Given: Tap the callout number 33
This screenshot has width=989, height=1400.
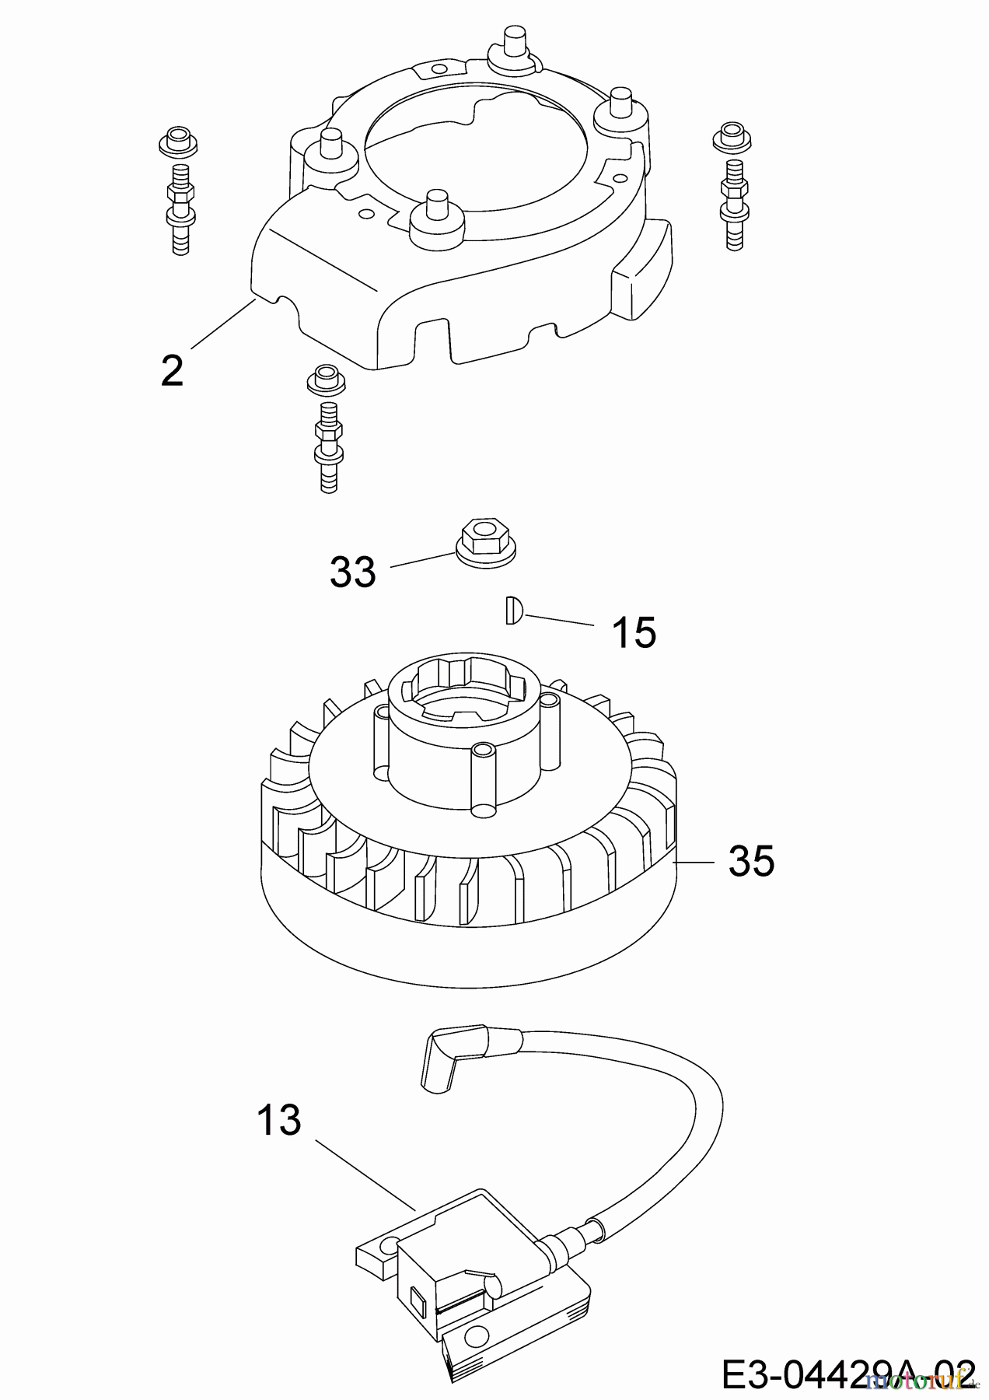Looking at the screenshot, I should [x=353, y=572].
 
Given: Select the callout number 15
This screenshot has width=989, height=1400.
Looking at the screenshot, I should [x=634, y=632].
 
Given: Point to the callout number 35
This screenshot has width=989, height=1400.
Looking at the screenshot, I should [x=751, y=862].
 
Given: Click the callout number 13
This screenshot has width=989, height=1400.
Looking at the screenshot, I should [x=278, y=1121].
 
